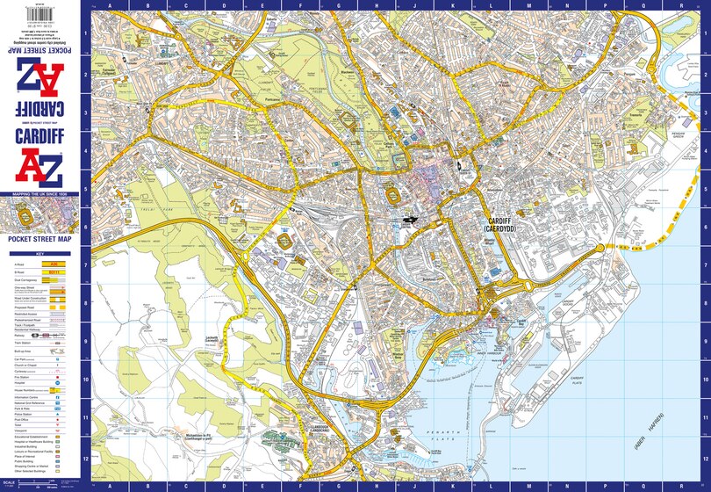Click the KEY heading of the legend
[39, 253]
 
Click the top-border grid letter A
[109, 4]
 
